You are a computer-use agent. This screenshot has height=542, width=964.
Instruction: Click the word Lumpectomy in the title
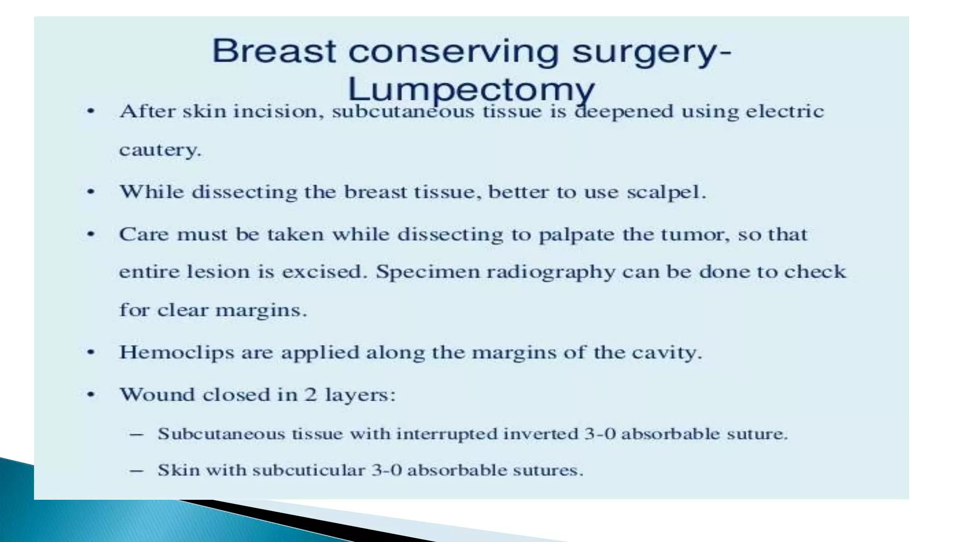click(471, 89)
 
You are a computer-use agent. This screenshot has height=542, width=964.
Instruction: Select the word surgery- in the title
click(651, 52)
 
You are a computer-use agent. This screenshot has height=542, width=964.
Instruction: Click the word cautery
click(160, 150)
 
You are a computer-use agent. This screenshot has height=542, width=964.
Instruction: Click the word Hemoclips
click(177, 352)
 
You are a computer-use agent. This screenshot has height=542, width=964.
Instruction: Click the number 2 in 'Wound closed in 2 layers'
click(311, 394)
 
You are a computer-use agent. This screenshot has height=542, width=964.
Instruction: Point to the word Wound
click(157, 394)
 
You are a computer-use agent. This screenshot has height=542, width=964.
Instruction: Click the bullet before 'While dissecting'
click(91, 192)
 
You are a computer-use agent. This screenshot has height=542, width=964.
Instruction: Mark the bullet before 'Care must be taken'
click(91, 234)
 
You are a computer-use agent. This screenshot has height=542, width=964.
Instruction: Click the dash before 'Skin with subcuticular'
click(137, 470)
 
